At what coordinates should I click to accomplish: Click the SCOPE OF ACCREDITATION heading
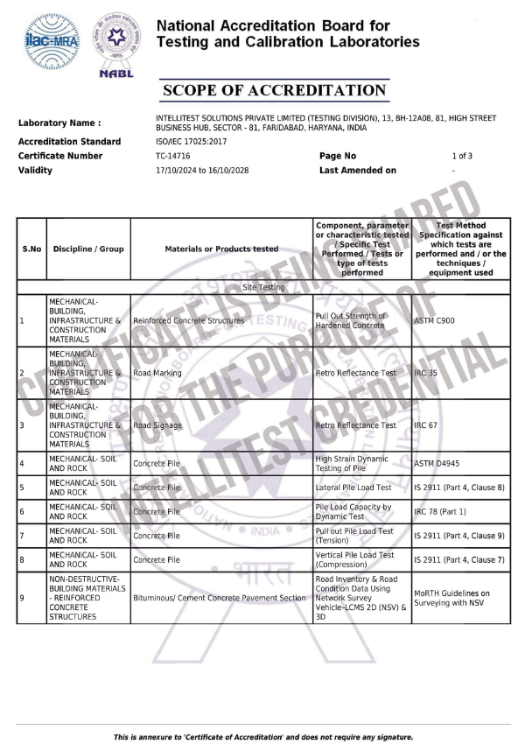tap(274, 91)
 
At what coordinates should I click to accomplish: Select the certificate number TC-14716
tap(172, 156)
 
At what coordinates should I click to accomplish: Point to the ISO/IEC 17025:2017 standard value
tap(191, 141)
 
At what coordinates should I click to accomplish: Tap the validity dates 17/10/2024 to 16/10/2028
tap(202, 170)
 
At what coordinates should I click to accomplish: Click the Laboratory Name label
tap(59, 123)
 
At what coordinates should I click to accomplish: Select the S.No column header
tap(31, 249)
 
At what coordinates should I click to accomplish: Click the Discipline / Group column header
tap(88, 249)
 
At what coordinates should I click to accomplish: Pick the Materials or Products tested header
tap(221, 249)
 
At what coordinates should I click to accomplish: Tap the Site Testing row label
tap(262, 286)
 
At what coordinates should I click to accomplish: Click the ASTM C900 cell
tap(434, 320)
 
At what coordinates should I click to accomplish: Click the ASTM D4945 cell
tap(437, 462)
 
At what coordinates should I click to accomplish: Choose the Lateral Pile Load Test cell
tap(353, 487)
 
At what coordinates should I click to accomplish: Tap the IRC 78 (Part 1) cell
tap(440, 511)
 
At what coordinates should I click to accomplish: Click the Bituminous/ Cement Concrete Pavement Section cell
tap(220, 598)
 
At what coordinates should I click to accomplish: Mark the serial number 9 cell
tap(22, 598)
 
